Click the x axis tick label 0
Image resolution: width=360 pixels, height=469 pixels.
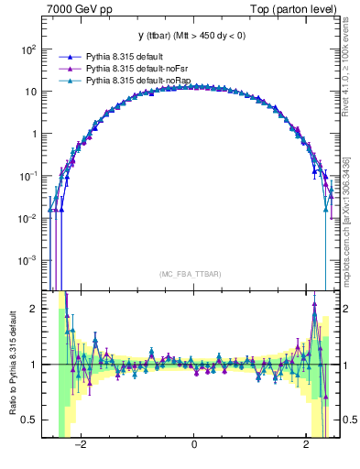click(193, 445)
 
